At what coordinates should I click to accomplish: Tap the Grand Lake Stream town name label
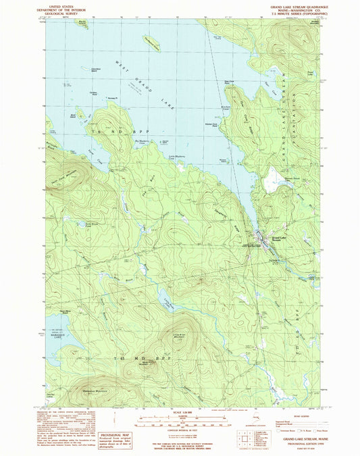click(x=280, y=238)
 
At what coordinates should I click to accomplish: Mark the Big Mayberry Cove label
click(x=146, y=141)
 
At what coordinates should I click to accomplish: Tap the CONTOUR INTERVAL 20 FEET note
click(x=180, y=429)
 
